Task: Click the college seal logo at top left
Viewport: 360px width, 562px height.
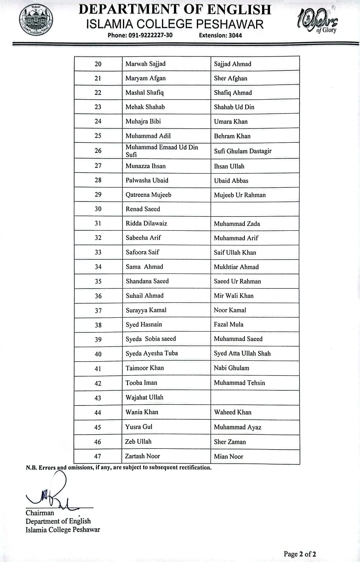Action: coord(36,20)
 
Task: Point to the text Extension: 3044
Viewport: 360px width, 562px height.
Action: coord(220,35)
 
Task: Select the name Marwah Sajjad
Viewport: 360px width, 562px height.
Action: coord(145,64)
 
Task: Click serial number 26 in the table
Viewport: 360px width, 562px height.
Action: coord(98,151)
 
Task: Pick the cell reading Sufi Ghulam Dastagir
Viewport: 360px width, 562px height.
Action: coord(243,151)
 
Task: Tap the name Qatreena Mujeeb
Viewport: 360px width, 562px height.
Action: coord(148,195)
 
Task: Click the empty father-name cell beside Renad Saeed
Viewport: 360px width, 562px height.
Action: coord(255,209)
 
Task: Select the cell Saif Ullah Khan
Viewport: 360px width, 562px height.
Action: coord(235,253)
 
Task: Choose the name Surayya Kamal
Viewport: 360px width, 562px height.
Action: coord(146,310)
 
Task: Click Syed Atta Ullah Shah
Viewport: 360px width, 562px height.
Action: coord(242,353)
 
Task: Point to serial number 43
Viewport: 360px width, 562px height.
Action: coord(98,398)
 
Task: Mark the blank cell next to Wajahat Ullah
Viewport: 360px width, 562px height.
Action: coord(255,398)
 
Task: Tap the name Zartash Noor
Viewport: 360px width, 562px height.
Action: coord(142,456)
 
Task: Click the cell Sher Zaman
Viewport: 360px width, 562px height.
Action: coord(230,442)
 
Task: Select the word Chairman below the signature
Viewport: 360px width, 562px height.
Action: coord(40,513)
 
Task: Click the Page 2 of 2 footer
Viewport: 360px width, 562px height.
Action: coord(300,554)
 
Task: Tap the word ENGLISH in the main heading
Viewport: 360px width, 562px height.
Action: coord(234,9)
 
